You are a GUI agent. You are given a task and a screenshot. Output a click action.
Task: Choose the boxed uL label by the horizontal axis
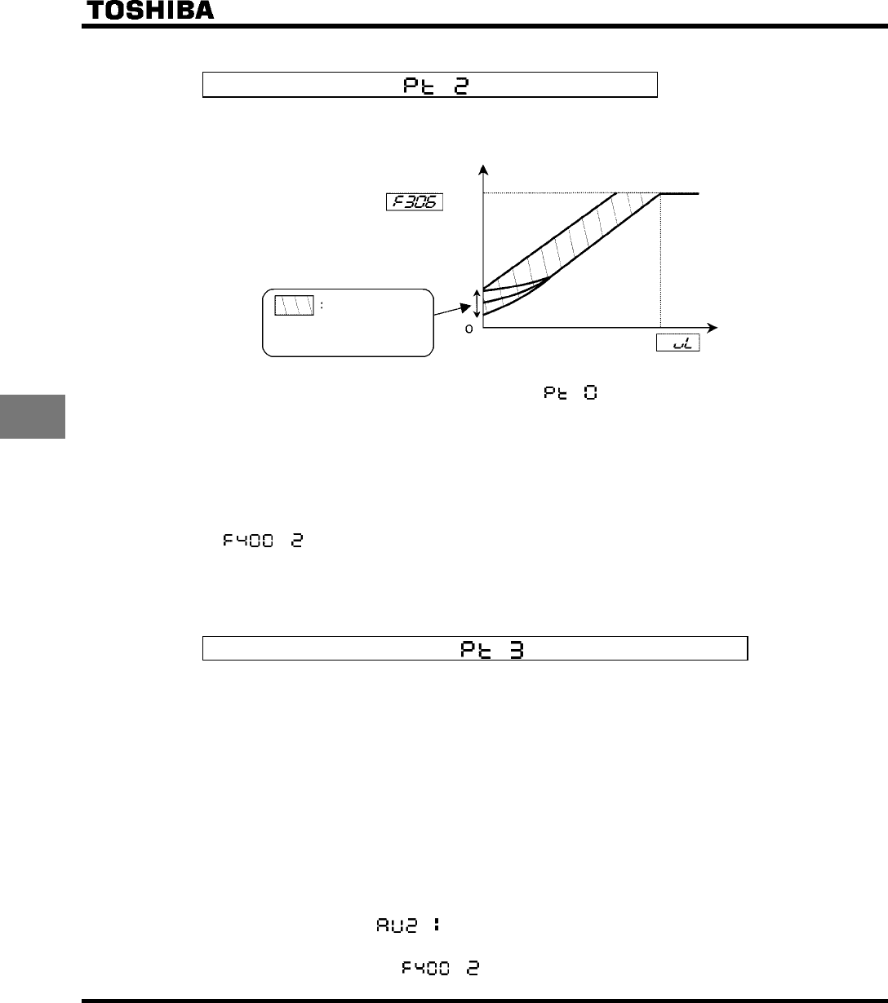click(x=679, y=345)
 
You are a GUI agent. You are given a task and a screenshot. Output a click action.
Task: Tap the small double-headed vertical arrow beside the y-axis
click(x=477, y=304)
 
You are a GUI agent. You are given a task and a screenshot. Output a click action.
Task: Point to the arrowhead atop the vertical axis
click(x=484, y=169)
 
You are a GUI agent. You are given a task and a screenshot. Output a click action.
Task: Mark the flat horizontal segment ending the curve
click(x=680, y=193)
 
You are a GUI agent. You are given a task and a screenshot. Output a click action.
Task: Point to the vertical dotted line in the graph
click(x=660, y=261)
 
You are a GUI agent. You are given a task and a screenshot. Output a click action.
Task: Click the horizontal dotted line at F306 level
click(x=547, y=193)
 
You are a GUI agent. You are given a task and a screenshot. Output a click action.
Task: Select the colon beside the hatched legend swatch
click(x=322, y=306)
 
